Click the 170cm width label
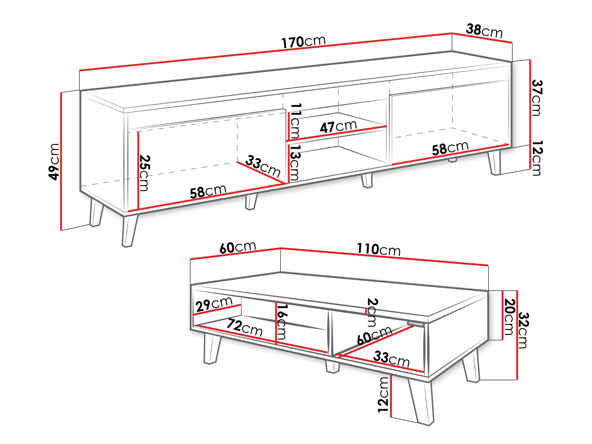[x=303, y=42]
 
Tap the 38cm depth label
[x=484, y=31]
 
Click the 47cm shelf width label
[x=338, y=126]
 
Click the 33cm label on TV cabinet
[x=262, y=166]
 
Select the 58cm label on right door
[x=450, y=148]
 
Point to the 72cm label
[x=244, y=328]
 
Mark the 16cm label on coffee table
[x=282, y=321]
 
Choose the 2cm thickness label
[x=372, y=312]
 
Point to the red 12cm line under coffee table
[x=391, y=396]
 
